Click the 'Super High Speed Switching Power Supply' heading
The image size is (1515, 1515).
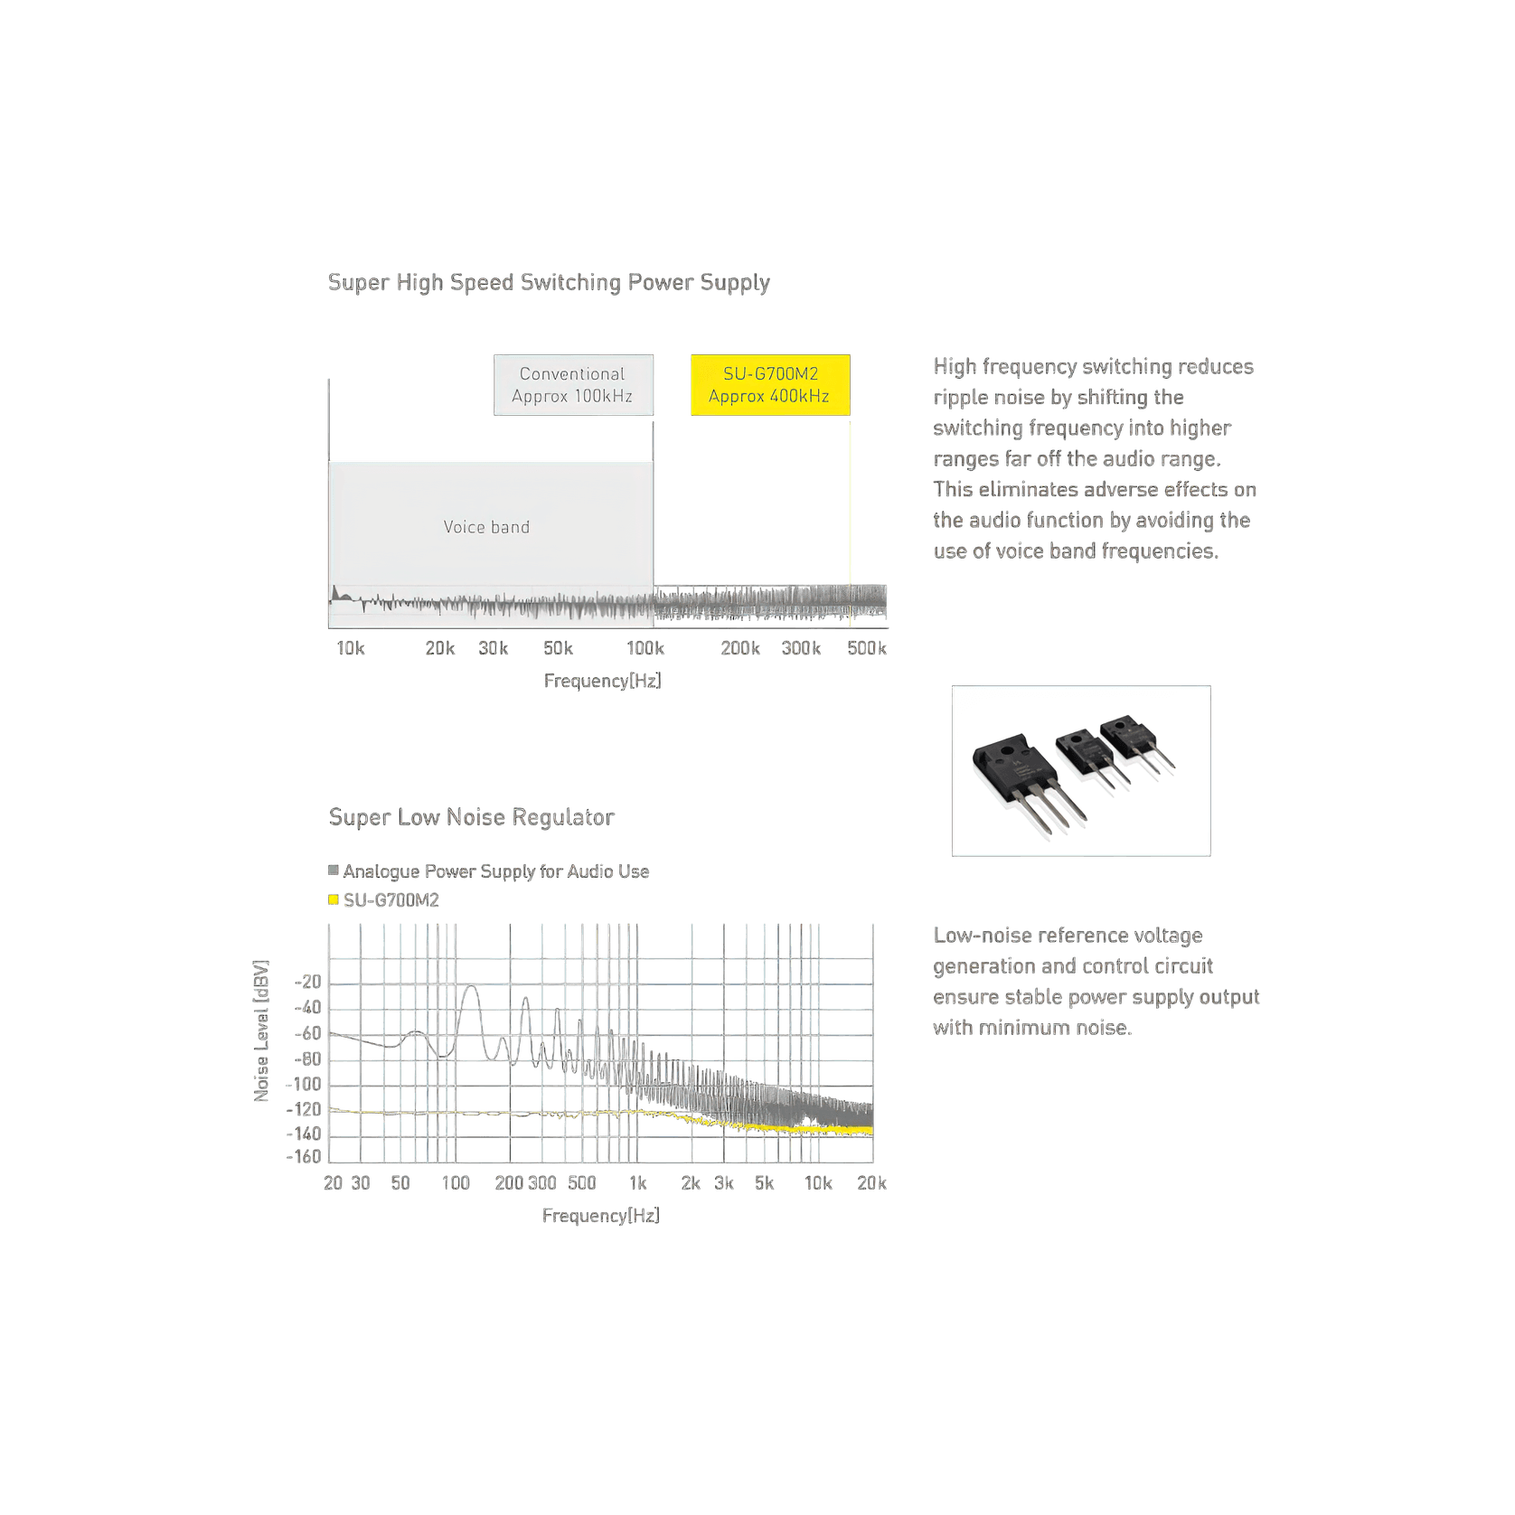(549, 283)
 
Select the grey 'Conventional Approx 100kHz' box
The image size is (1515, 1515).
(573, 385)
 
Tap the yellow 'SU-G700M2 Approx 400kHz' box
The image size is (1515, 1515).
(770, 385)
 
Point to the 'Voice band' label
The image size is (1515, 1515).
(486, 527)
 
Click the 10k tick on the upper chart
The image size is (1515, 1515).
(351, 648)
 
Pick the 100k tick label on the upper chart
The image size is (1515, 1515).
(645, 648)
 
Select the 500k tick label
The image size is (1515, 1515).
(867, 648)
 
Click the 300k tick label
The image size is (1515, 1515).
(801, 648)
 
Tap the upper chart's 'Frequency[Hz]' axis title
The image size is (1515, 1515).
(602, 681)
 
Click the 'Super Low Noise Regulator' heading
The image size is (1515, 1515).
(471, 817)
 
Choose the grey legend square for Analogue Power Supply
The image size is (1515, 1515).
(334, 870)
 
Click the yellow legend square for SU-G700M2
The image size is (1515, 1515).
(334, 899)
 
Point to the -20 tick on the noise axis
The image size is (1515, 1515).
(307, 983)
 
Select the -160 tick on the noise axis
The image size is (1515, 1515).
(304, 1157)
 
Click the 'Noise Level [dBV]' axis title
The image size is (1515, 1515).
(261, 1031)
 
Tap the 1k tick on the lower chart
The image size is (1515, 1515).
(638, 1183)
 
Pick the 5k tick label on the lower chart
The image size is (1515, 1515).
(765, 1183)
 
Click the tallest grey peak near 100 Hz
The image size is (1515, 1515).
(470, 987)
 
